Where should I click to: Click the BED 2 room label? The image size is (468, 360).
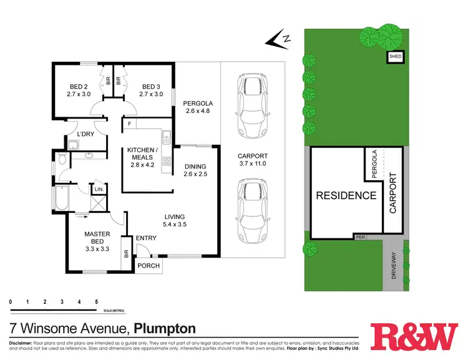pos(78,90)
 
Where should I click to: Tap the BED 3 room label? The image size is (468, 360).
pos(152,90)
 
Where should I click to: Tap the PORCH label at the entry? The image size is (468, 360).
pos(149,266)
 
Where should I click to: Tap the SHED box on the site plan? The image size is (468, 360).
pos(396,57)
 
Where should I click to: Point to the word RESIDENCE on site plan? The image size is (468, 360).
pos(346,195)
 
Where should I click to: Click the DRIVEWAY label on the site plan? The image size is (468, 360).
pos(394,265)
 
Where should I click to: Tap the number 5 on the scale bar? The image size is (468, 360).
pos(96,301)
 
